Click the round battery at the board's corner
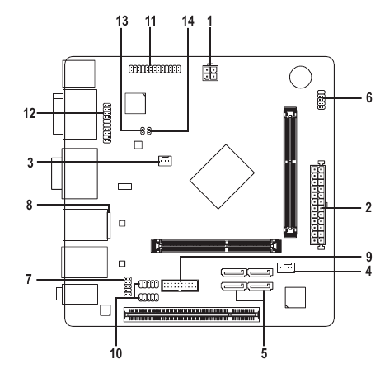point(299,77)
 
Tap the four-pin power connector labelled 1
point(209,72)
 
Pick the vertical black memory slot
point(289,167)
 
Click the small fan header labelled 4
point(286,267)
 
